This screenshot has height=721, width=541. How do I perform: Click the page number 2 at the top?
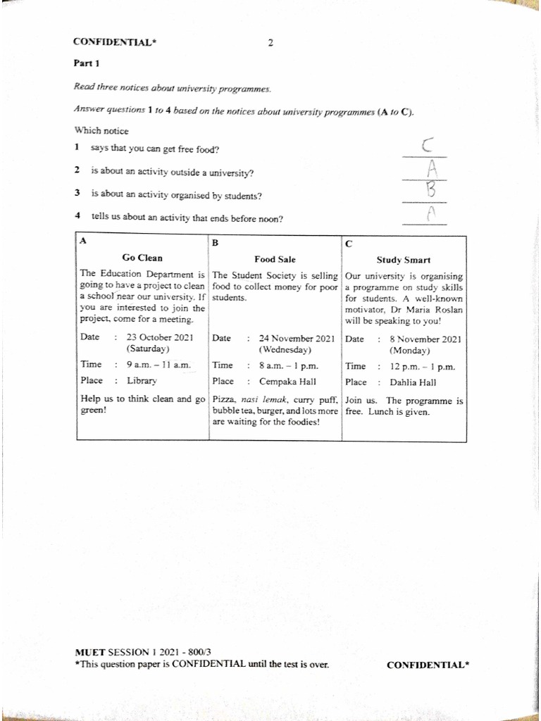tap(270, 42)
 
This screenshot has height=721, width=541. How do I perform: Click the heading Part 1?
tap(87, 63)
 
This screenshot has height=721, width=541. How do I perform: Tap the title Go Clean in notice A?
tap(142, 258)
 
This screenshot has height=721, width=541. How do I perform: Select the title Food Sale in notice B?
tap(275, 259)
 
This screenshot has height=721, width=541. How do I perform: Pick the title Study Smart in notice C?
tap(404, 260)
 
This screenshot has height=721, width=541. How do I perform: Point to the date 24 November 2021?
tap(297, 338)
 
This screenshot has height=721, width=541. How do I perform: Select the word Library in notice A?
tap(142, 381)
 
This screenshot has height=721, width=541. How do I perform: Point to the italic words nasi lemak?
tap(260, 400)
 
